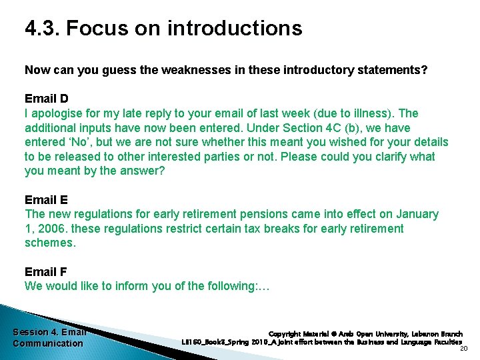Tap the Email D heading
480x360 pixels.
46,99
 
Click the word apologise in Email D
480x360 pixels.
57,113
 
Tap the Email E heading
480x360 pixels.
46,200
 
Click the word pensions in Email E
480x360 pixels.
275,215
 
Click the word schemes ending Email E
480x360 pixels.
49,243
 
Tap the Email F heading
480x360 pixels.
46,272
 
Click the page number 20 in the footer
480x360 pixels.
464,348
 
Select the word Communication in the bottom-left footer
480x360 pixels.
48,343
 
